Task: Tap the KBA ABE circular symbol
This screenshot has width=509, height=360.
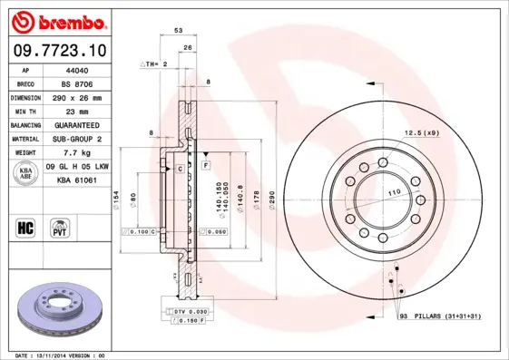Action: (26, 173)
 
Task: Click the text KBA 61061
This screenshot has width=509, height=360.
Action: (78, 180)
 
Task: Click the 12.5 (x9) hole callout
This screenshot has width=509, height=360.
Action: (421, 133)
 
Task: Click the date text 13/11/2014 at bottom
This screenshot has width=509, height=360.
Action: (62, 355)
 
